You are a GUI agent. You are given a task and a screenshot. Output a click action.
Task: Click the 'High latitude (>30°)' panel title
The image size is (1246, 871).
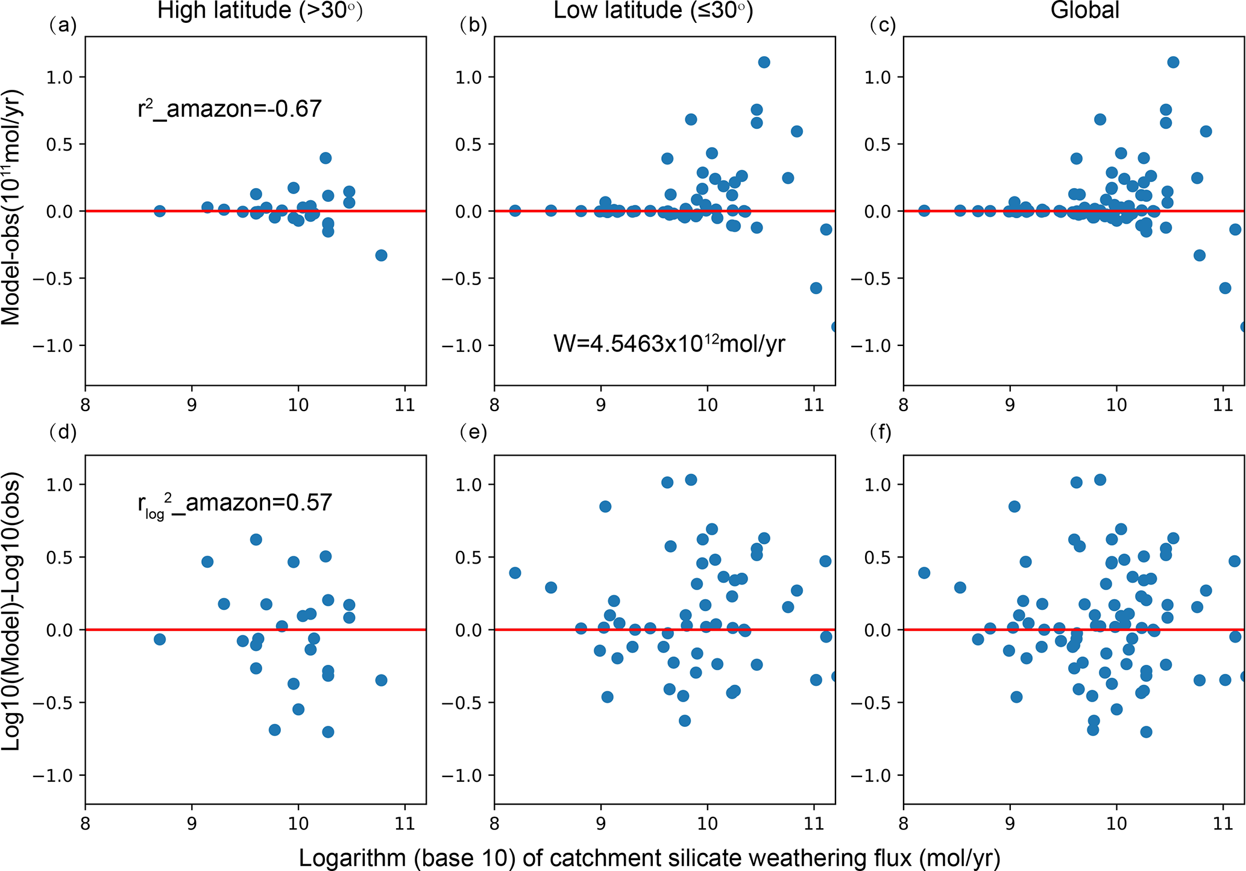pos(260,11)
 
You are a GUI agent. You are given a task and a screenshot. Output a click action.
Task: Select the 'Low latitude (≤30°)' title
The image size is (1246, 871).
pos(653,11)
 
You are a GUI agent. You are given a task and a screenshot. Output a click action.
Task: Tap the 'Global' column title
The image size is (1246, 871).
pos(1085,11)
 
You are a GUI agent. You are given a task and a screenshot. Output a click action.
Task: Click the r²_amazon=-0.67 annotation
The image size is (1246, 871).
pos(230,108)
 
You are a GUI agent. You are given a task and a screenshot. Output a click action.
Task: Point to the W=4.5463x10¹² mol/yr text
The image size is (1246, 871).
pos(669,344)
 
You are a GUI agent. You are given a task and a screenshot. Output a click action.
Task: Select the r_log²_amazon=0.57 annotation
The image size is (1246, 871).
pos(234,503)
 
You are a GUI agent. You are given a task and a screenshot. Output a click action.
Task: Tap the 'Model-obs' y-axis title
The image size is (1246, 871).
pos(11,207)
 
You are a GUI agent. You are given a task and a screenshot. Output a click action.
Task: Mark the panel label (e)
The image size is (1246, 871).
pos(473,432)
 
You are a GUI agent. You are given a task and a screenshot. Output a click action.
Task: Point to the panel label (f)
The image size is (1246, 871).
pos(881,432)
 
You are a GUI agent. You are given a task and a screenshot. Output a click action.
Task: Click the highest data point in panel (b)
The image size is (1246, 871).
pos(764,62)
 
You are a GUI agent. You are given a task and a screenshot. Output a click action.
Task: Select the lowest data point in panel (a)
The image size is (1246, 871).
pos(381,256)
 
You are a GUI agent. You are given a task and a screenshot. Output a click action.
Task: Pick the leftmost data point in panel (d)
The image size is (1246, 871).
pos(160,639)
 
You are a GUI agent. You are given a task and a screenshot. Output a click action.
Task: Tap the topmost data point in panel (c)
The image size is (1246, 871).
pos(1173,62)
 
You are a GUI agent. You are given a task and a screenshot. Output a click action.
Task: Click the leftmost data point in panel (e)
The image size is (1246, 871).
pos(515,573)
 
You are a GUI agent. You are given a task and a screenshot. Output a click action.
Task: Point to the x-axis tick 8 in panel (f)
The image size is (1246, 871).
pos(903,823)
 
